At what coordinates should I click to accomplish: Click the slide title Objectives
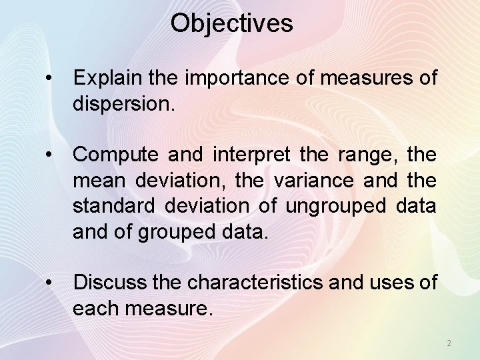pyautogui.click(x=231, y=23)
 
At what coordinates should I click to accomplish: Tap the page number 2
pyautogui.click(x=449, y=343)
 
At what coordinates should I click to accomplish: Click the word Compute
pyautogui.click(x=115, y=155)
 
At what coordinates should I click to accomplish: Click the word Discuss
pyautogui.click(x=110, y=283)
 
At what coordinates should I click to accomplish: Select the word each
pyautogui.click(x=95, y=308)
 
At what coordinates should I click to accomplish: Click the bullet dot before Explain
pyautogui.click(x=49, y=79)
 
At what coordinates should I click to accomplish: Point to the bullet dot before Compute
pyautogui.click(x=49, y=155)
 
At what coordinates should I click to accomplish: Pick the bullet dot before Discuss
pyautogui.click(x=49, y=283)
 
